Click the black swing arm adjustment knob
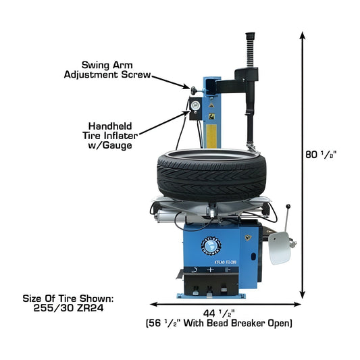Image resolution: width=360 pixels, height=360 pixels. click(x=195, y=88)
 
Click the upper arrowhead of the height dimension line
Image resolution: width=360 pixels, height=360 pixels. click(x=301, y=37)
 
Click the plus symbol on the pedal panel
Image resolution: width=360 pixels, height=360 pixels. click(x=211, y=268)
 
